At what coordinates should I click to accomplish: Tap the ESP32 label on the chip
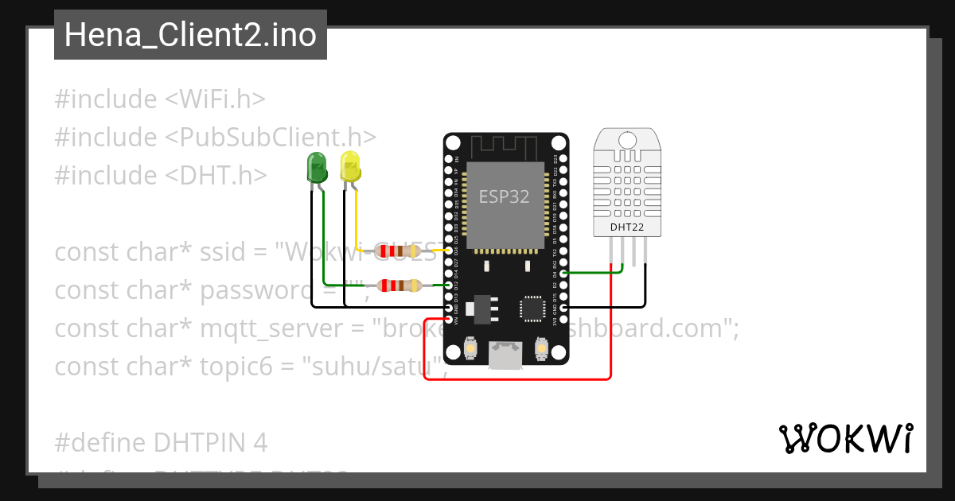[x=504, y=196]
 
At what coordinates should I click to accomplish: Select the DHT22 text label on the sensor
[x=627, y=228]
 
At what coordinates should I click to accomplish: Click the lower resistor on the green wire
[x=399, y=285]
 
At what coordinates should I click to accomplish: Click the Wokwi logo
[x=845, y=438]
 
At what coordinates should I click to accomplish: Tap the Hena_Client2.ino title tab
[x=190, y=35]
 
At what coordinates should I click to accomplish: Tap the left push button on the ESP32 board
[x=471, y=349]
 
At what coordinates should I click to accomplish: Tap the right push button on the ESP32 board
[x=541, y=349]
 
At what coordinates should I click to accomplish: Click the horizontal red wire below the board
[x=517, y=379]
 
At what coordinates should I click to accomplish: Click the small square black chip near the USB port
[x=532, y=308]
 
